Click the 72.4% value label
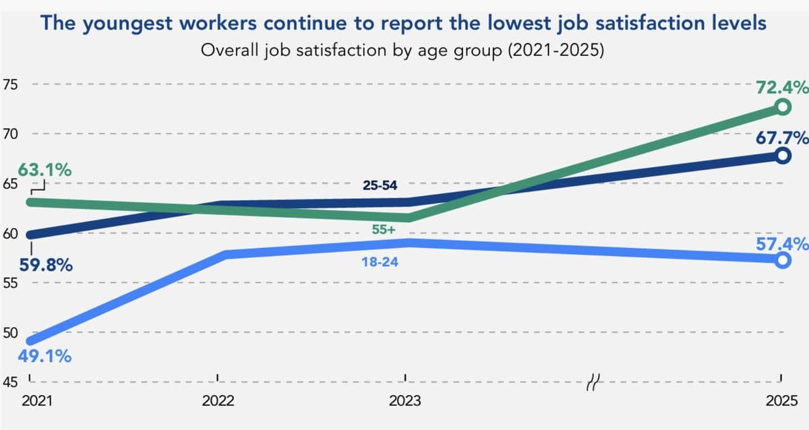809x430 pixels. click(x=782, y=87)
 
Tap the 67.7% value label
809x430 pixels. click(x=782, y=138)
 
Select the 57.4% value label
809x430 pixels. click(x=782, y=244)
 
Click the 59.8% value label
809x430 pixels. click(x=45, y=266)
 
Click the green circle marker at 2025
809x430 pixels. click(x=782, y=106)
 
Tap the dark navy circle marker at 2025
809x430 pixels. click(x=782, y=156)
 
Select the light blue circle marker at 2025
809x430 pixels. click(x=782, y=260)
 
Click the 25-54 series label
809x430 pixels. click(x=380, y=185)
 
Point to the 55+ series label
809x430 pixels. click(x=384, y=229)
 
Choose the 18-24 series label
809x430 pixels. click(x=380, y=262)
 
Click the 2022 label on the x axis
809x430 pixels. click(x=218, y=400)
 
